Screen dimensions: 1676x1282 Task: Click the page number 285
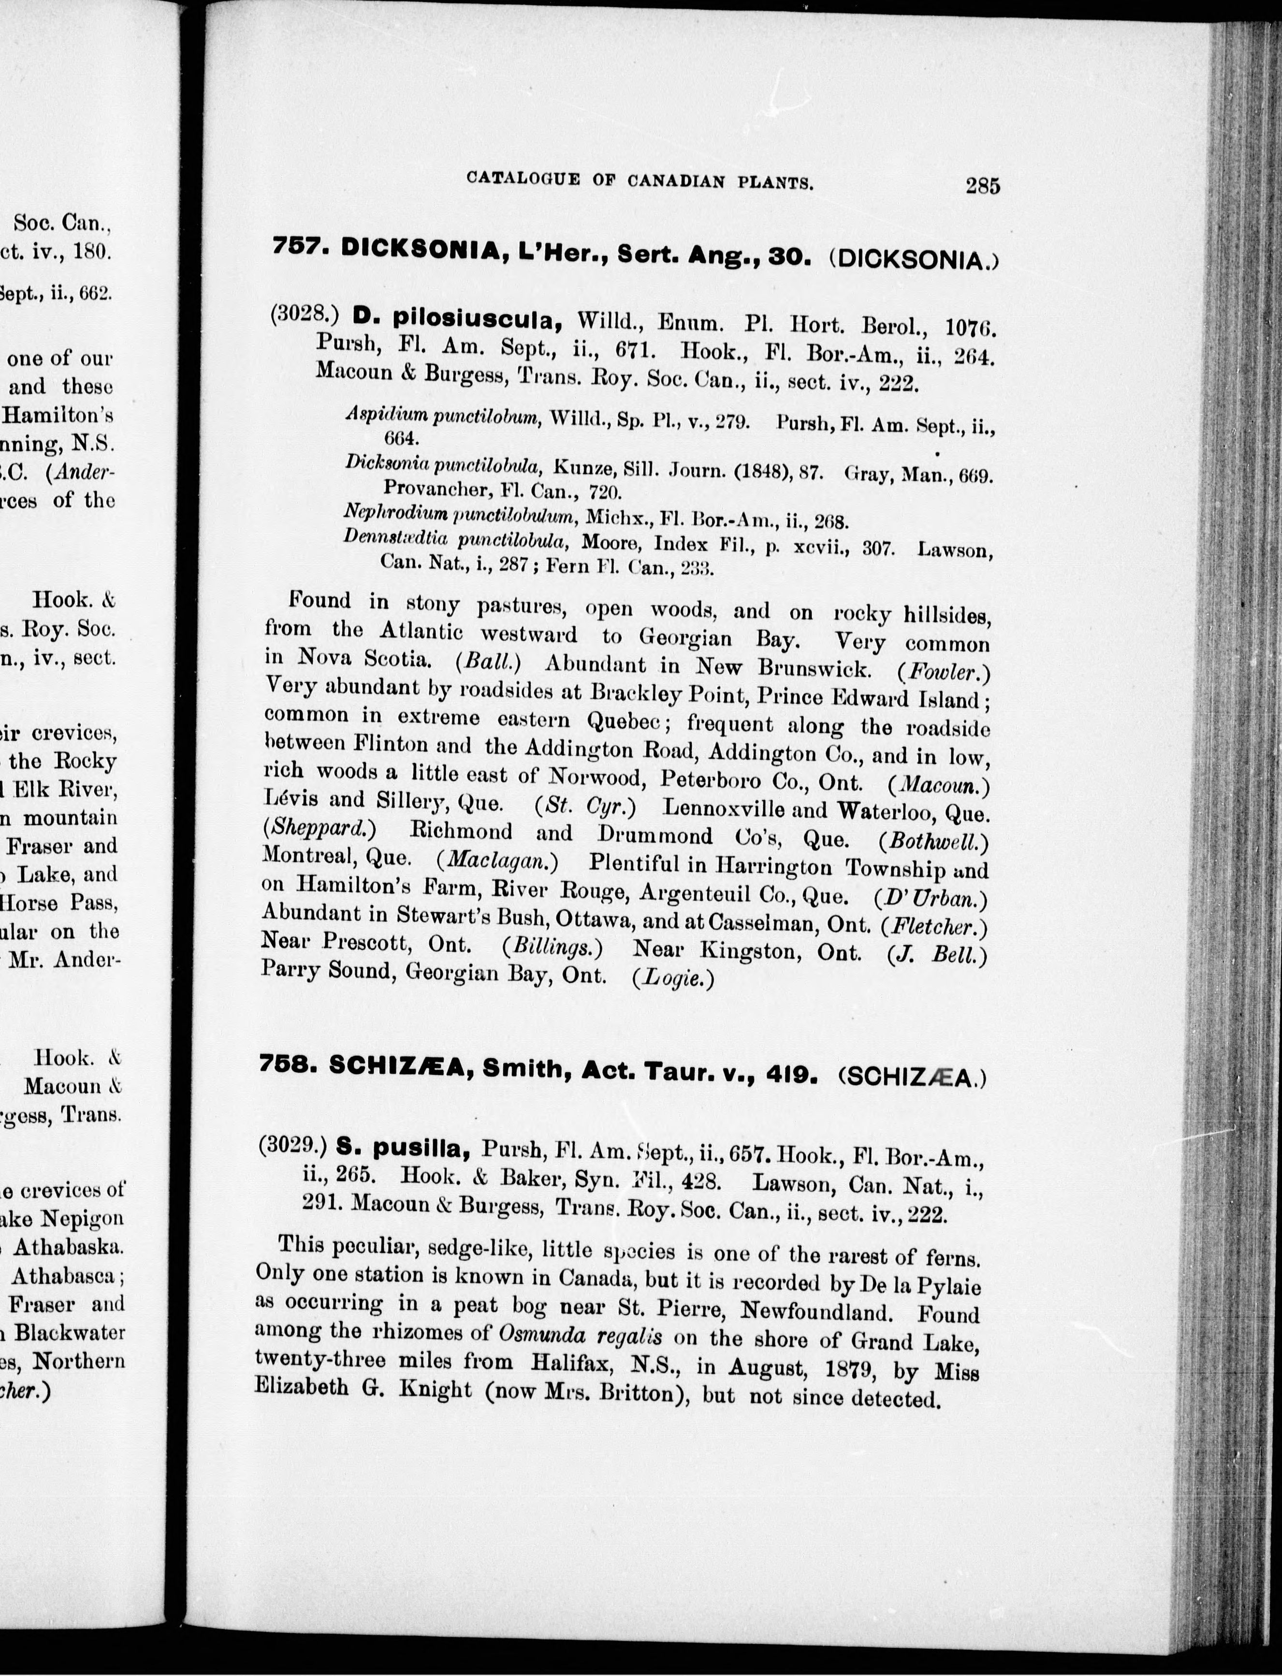pyautogui.click(x=982, y=185)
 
